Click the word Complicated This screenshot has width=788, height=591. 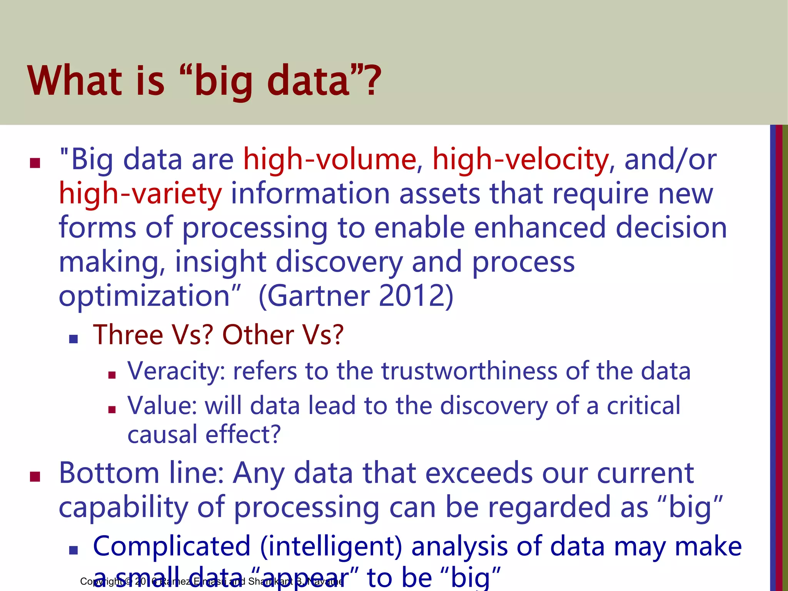coord(172,547)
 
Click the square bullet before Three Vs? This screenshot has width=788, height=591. coord(73,339)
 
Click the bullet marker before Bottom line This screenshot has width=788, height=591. coord(35,477)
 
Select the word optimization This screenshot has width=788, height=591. coord(144,296)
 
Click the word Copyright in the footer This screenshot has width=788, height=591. coord(101,582)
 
